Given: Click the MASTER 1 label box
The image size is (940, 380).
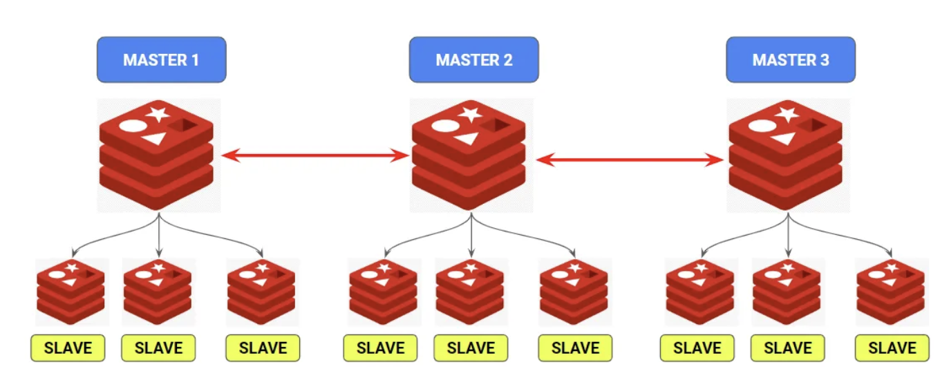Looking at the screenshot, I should [161, 59].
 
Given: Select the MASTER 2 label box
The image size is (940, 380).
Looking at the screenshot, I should [473, 59].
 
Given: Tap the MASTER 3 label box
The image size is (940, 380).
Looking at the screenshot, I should [790, 59].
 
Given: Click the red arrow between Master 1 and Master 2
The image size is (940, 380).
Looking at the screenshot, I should [314, 156].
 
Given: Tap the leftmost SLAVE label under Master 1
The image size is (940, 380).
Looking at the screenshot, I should [68, 348].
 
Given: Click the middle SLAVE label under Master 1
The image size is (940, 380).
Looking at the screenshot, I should [158, 348].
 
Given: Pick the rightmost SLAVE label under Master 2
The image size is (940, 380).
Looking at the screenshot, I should [575, 348].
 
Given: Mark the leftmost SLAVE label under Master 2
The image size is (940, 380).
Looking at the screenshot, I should [380, 348].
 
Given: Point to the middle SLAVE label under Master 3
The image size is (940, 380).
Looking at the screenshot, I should [788, 348].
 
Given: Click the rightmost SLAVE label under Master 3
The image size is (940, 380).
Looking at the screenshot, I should [892, 348].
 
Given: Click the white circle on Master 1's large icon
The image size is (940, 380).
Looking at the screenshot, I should [133, 127].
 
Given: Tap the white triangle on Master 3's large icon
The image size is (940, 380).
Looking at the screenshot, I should [782, 138].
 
